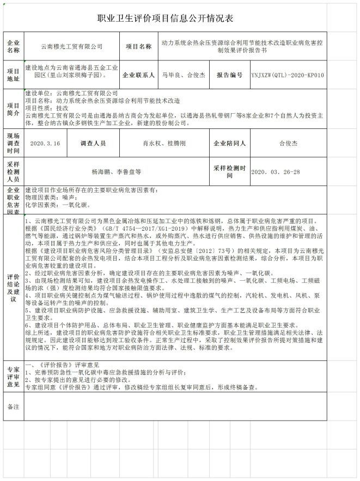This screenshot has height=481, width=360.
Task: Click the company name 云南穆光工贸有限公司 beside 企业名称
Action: pos(72,47)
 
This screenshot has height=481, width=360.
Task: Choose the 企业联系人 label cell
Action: pos(139,76)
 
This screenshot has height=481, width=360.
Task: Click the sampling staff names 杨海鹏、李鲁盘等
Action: pos(116,172)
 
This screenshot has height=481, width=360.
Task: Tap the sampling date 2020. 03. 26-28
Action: pos(276,172)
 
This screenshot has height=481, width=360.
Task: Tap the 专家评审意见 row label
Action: pos(13,376)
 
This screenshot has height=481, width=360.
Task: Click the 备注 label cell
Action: pos(13,406)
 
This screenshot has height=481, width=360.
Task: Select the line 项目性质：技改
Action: pos(48,108)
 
